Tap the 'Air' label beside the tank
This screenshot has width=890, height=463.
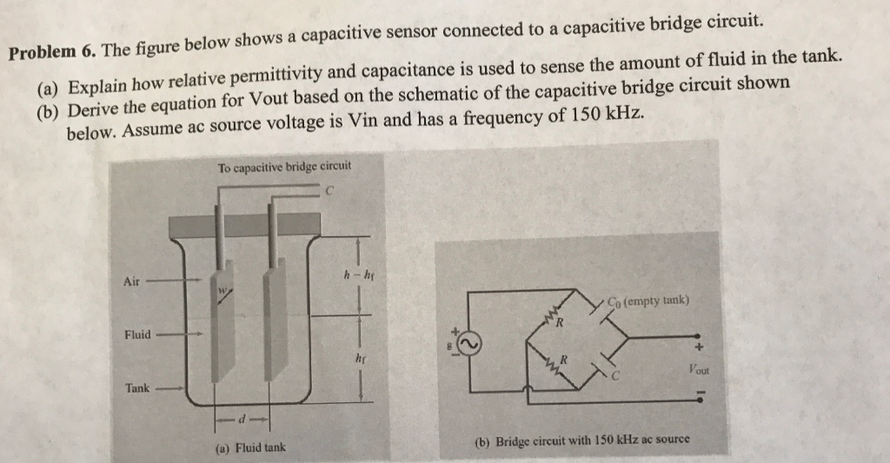(x=131, y=281)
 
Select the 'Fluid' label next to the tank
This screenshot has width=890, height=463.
(x=137, y=334)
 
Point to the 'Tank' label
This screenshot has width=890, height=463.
(x=136, y=388)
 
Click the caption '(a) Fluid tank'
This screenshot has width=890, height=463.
(x=250, y=448)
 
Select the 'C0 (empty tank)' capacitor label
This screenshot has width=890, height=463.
(x=648, y=301)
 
